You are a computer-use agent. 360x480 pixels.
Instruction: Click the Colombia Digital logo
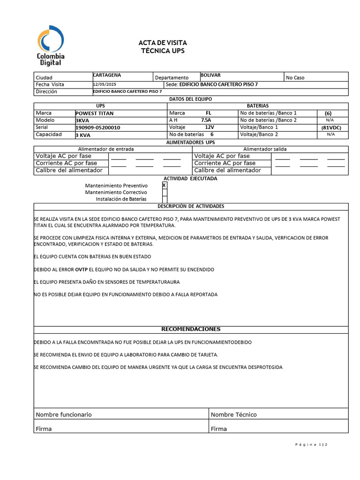tap(51, 45)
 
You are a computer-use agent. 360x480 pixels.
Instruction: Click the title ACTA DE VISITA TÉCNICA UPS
tap(163, 47)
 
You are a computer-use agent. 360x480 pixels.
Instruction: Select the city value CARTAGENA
tap(107, 75)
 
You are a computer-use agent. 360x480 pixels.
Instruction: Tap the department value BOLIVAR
tap(210, 75)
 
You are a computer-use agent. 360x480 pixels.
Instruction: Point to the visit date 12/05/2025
tap(105, 84)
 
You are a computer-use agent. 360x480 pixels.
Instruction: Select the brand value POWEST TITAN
tap(95, 113)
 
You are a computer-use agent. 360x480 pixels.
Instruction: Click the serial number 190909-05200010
tap(97, 127)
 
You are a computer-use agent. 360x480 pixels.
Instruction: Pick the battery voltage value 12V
tap(209, 127)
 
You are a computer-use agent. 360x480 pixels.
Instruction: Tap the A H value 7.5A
tap(206, 120)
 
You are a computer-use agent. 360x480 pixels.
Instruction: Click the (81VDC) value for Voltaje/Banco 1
tap(331, 127)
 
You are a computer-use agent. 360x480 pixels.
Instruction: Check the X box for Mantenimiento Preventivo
tap(164, 185)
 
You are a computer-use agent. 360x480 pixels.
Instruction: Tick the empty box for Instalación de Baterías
tap(165, 199)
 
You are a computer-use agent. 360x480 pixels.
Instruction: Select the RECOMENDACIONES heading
tap(191, 329)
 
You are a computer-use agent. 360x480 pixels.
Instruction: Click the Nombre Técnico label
tap(233, 414)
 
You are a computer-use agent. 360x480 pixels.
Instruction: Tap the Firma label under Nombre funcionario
tap(44, 428)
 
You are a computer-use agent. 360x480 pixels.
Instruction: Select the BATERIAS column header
tap(258, 106)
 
